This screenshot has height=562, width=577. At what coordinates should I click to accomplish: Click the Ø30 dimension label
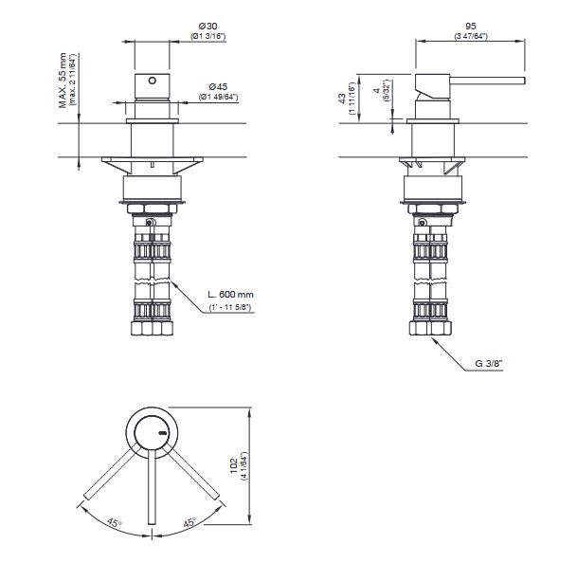point(207,27)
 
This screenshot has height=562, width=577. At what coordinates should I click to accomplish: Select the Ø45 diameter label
point(218,87)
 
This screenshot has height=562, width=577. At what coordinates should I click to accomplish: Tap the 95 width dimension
point(471,27)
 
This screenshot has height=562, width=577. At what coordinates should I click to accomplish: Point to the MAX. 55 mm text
point(63,81)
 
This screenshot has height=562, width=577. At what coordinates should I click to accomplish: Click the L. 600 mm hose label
point(231,295)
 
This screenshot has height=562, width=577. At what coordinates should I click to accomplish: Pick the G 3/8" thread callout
point(489,364)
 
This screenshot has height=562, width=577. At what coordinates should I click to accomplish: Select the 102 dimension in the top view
point(234,466)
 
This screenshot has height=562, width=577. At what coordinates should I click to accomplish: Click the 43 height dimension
point(342,99)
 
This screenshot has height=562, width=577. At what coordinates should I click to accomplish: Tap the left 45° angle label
point(115,522)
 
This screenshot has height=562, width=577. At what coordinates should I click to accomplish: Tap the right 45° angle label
point(189,522)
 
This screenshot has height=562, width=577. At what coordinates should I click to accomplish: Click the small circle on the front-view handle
point(152,81)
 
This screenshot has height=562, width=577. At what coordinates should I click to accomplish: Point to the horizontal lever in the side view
point(488,81)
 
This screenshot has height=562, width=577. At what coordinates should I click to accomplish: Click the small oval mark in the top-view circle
point(163,433)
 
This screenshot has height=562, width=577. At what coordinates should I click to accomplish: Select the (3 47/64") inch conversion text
point(471,36)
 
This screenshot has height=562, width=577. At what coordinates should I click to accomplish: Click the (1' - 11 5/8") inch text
point(230,307)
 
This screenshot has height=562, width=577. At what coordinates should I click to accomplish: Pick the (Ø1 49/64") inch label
point(219,98)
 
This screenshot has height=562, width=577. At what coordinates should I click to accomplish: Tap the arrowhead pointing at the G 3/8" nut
point(435,341)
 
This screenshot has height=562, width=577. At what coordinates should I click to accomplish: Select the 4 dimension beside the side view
point(376,91)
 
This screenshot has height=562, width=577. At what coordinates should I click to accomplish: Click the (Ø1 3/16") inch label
point(208,36)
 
